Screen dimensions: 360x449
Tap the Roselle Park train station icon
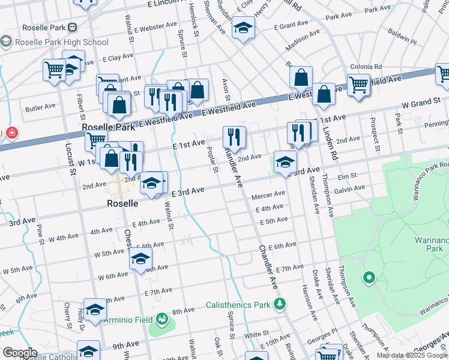pos(73,28)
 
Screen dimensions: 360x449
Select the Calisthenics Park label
pos(238,305)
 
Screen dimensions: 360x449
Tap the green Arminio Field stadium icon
pos(161,319)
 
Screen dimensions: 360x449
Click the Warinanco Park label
pos(431,245)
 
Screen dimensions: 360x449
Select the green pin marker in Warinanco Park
pos(369,278)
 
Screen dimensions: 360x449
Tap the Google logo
pos(20,353)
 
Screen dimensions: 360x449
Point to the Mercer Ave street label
pos(268,194)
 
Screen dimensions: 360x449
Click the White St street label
pos(255,334)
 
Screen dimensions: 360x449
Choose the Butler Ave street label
pos(40,109)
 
